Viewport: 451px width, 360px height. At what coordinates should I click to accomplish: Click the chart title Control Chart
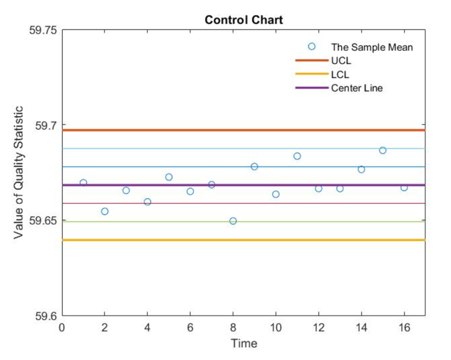pyautogui.click(x=243, y=20)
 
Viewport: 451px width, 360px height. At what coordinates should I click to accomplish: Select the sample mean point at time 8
pyautogui.click(x=233, y=221)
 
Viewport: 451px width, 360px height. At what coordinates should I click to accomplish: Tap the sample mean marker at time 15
pyautogui.click(x=383, y=150)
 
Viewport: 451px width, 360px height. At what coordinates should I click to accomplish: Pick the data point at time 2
pyautogui.click(x=105, y=211)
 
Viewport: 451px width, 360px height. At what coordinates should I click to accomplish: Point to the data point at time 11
pyautogui.click(x=297, y=156)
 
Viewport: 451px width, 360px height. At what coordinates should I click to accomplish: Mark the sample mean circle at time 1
pyautogui.click(x=83, y=183)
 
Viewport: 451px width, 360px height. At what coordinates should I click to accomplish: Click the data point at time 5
pyautogui.click(x=169, y=177)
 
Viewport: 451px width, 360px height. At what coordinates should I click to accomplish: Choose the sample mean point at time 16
pyautogui.click(x=404, y=188)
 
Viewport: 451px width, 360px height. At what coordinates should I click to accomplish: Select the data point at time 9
pyautogui.click(x=254, y=166)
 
